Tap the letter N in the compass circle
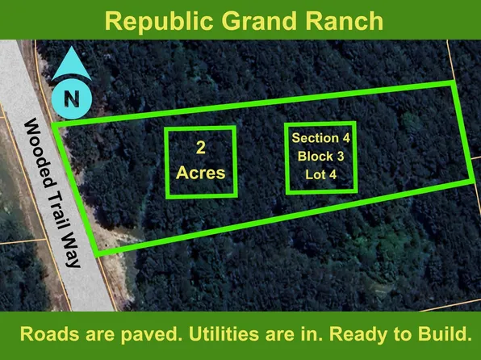72,100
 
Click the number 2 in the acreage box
200,147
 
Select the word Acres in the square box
201,173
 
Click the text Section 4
321,138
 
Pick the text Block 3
321,156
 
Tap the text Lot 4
321,174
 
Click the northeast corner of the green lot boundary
453,83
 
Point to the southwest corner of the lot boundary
98,254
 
